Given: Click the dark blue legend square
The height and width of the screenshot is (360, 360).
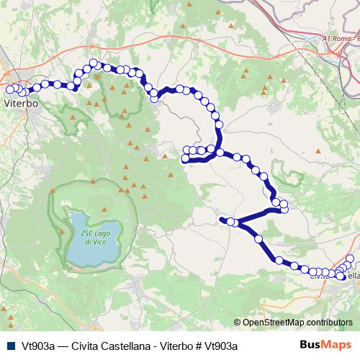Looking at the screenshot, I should (x=9, y=345).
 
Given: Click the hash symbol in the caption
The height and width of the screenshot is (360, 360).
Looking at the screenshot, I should (x=199, y=345).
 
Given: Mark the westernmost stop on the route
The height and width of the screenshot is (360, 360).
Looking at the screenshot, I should (x=9, y=89).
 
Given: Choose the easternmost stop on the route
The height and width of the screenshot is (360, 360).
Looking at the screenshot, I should (x=351, y=258).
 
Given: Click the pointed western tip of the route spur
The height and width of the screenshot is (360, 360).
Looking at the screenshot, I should (x=220, y=218).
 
